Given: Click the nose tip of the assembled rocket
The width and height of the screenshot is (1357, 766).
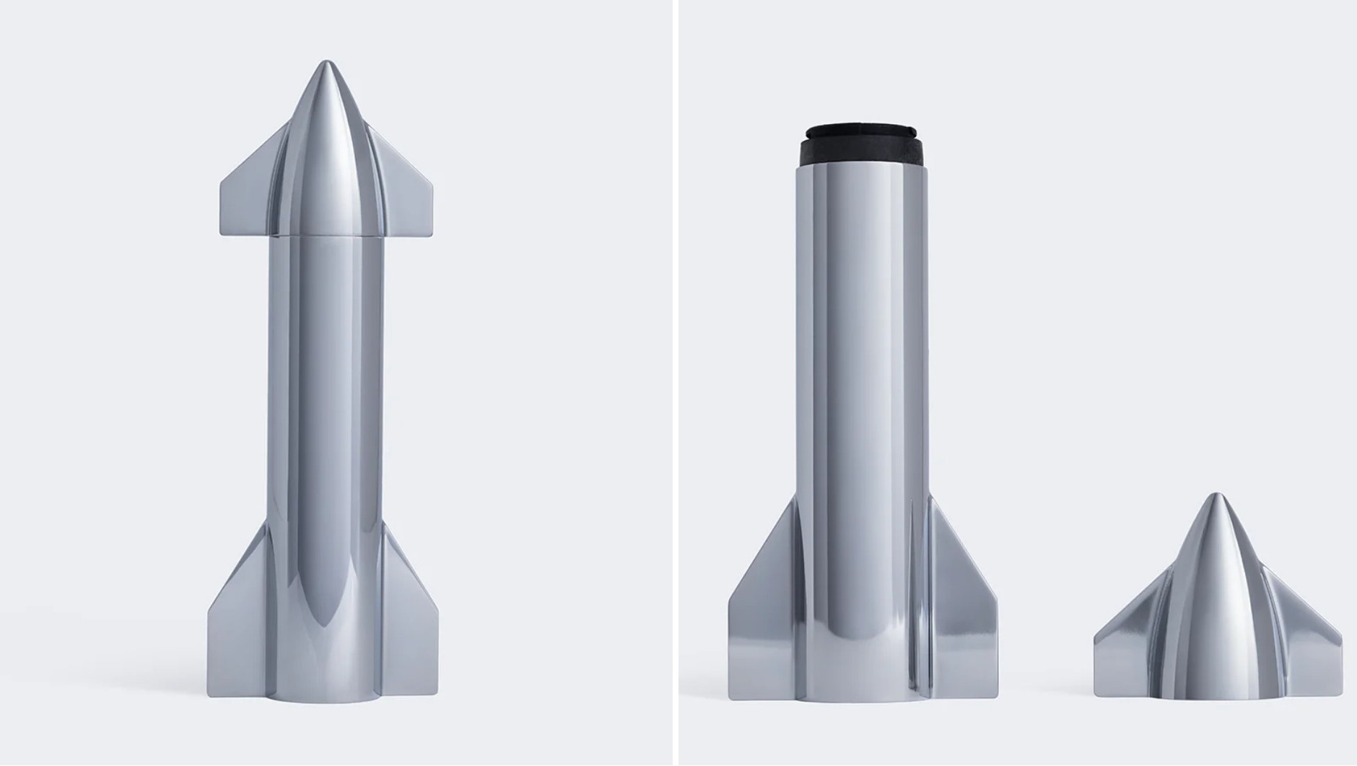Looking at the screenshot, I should point(326,64).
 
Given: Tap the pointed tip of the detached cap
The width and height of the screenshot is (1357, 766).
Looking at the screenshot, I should point(1217,498).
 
